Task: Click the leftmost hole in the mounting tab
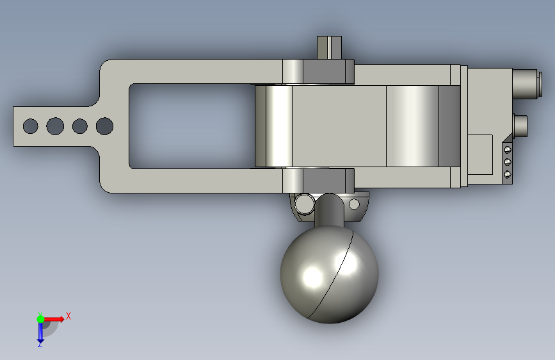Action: pos(31,126)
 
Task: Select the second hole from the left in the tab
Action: pos(55,126)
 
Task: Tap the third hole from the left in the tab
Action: pos(80,126)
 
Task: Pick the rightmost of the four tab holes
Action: pos(104,126)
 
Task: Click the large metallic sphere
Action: pos(329,274)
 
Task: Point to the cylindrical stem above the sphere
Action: pos(329,209)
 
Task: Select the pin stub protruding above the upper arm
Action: pos(329,47)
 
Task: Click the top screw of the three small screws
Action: pos(508,149)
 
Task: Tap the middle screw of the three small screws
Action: pos(508,162)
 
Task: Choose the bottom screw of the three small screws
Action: pos(508,174)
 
